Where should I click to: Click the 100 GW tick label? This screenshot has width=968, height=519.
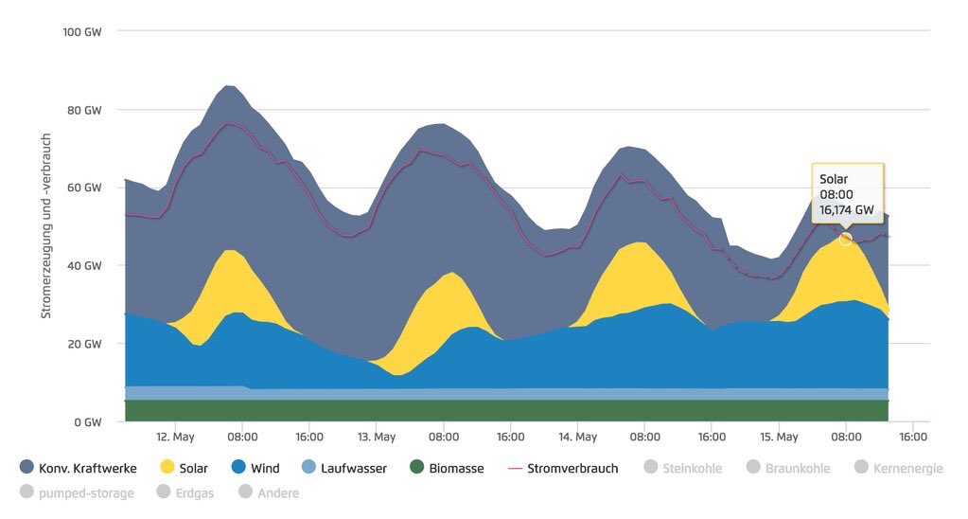[82, 31]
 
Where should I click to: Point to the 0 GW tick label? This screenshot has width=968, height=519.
[88, 421]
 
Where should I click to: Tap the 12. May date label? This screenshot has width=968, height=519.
[175, 438]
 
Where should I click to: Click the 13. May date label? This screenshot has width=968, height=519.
[376, 438]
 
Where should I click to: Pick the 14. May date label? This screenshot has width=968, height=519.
[577, 438]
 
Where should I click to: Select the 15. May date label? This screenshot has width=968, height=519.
[779, 438]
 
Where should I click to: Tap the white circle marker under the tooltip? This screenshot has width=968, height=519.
[846, 239]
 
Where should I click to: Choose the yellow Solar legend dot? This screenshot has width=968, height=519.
[167, 468]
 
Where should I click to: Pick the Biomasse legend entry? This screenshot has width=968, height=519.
[447, 468]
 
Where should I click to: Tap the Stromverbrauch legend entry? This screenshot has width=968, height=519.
[563, 468]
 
